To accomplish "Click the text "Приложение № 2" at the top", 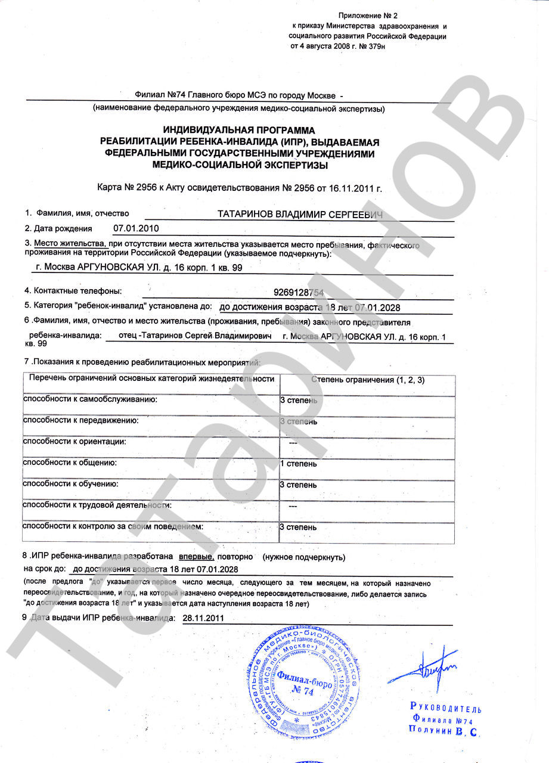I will coord(367,15).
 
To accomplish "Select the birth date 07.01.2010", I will coord(136,228).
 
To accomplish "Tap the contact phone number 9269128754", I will coord(299,292).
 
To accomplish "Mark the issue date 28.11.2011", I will coord(203,618).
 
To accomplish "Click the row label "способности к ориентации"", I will coord(75,442).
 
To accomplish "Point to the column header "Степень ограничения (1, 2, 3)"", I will coord(368,380).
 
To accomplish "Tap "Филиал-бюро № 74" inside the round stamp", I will coord(303,684).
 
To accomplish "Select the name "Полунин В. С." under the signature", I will coord(444,730).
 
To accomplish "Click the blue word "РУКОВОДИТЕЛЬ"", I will coord(445,708).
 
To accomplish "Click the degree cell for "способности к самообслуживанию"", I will coord(299,400).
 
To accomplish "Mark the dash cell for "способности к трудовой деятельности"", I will coord(293,506).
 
